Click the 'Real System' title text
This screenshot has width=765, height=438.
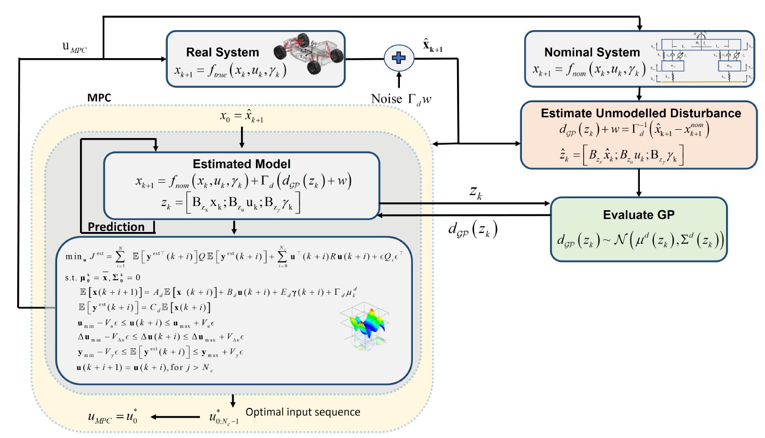click(x=222, y=52)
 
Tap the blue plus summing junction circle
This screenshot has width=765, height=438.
click(x=399, y=58)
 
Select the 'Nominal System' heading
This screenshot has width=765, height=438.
click(x=592, y=52)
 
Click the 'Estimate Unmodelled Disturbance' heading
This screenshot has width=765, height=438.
click(x=640, y=113)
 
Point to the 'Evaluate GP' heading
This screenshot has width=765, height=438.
click(x=638, y=215)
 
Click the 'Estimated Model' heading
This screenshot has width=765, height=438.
click(x=241, y=164)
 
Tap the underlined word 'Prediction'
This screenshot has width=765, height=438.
click(x=116, y=227)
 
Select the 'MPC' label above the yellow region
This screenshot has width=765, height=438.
click(x=99, y=98)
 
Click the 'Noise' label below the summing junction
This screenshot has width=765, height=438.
click(x=386, y=99)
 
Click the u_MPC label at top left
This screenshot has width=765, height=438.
click(x=74, y=47)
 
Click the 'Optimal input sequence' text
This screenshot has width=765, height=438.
click(x=303, y=412)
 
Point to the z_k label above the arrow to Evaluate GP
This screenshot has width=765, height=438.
click(x=475, y=193)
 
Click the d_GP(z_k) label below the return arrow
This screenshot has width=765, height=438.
click(x=473, y=229)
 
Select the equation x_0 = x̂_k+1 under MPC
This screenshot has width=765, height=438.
click(x=241, y=116)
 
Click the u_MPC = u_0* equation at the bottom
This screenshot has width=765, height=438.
click(x=113, y=417)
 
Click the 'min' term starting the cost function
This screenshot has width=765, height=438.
click(x=73, y=256)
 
